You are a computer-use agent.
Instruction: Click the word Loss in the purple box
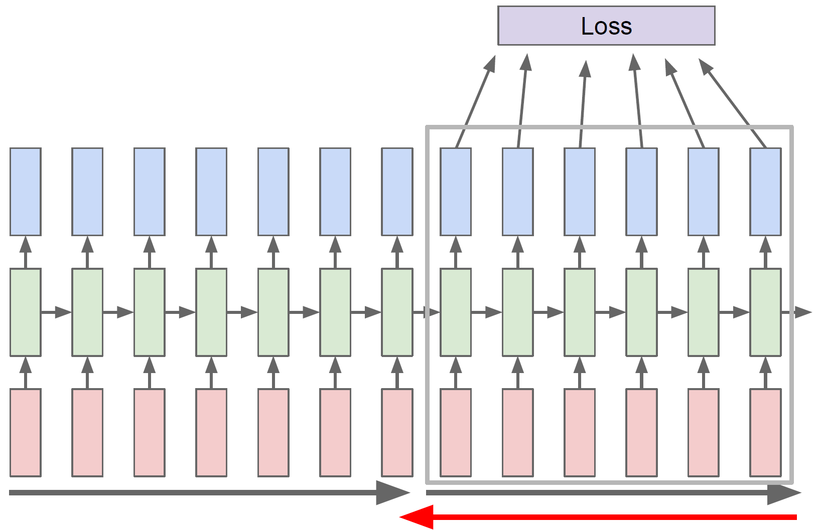606,26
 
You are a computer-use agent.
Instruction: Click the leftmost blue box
26,192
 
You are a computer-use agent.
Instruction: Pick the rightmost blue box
765,192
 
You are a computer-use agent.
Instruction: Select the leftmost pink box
26,432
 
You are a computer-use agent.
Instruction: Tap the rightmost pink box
765,432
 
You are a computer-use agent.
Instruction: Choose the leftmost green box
26,312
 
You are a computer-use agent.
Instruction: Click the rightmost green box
765,312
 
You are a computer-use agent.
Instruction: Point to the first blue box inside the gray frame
456,192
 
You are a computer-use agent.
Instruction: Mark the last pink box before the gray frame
397,432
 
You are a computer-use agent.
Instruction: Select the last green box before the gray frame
397,312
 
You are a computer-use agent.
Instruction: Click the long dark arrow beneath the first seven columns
201,492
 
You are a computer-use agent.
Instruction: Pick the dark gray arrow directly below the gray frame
602,493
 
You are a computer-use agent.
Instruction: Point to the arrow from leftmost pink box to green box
26,373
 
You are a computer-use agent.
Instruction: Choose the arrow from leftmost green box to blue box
26,252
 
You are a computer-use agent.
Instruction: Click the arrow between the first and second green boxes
56,312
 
